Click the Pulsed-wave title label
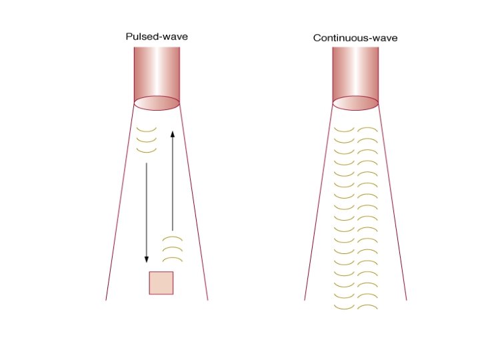click(157, 37)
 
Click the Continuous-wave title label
click(355, 38)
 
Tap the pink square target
click(161, 283)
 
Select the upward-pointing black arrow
click(173, 180)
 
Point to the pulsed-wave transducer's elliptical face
click(157, 104)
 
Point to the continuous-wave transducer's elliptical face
click(355, 104)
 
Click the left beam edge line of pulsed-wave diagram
click(120, 207)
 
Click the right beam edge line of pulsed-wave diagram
click(194, 207)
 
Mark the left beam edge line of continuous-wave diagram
click(319, 207)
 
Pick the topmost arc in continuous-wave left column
click(344, 129)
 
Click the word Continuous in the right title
click(338, 38)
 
